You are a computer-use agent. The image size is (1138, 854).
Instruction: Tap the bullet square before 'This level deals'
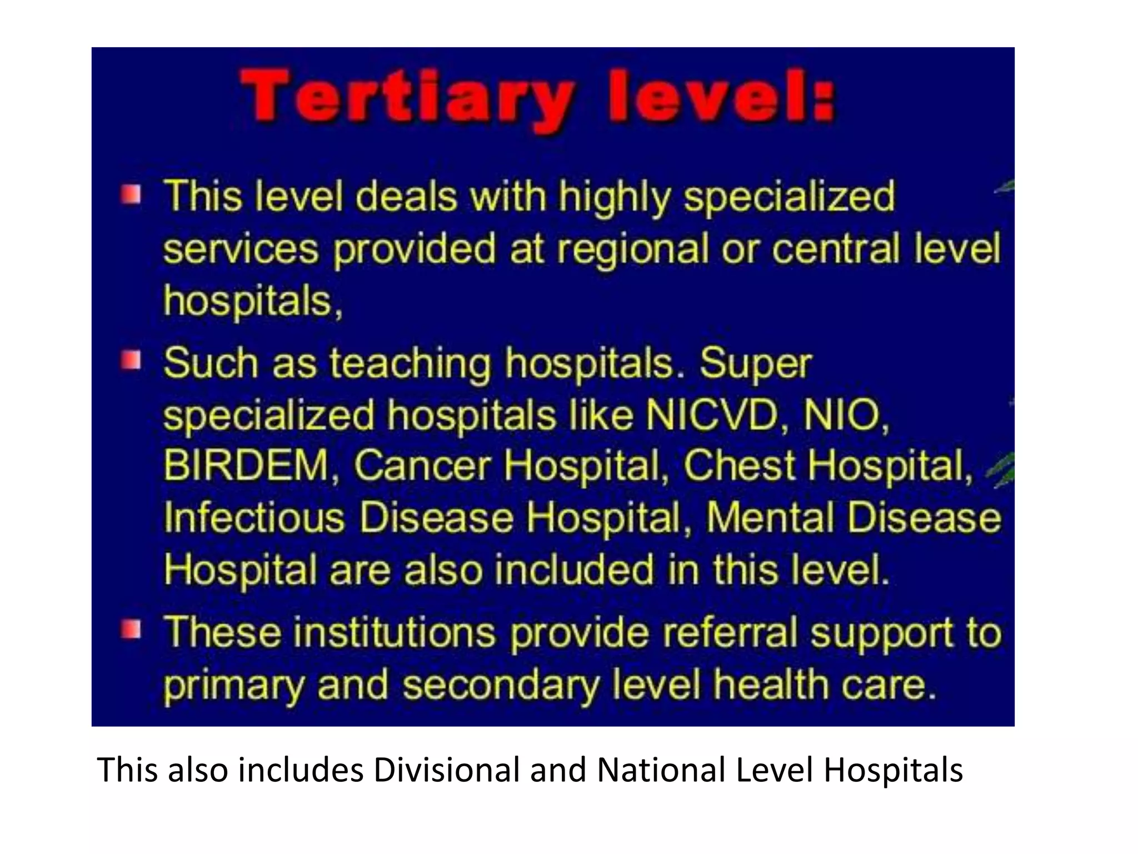tap(131, 195)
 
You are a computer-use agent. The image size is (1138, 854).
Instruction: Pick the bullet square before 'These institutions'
tap(131, 630)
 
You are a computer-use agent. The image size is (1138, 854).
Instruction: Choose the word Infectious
tap(254, 517)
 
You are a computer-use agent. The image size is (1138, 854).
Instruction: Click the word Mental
tap(770, 517)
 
